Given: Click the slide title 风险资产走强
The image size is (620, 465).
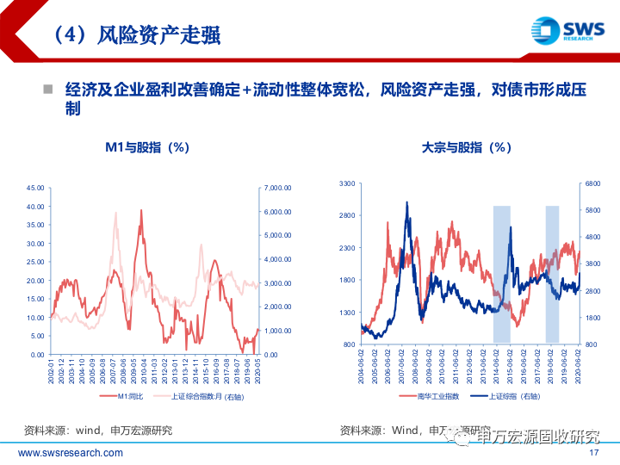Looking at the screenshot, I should (136, 35).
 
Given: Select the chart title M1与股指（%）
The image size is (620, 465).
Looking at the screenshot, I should (147, 147).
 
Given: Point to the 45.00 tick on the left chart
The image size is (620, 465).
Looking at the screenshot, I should (35, 188).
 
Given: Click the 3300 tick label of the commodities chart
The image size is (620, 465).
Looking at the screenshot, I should (347, 184).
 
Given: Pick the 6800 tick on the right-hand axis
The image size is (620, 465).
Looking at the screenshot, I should (593, 184).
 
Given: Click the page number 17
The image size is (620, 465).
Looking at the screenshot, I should (592, 453).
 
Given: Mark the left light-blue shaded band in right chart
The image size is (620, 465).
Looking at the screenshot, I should (502, 274).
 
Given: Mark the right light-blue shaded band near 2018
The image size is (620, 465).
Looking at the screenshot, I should (552, 274).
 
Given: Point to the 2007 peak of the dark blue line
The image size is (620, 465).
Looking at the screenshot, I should (406, 203).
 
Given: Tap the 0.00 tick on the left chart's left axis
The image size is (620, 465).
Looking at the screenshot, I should (38, 355).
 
